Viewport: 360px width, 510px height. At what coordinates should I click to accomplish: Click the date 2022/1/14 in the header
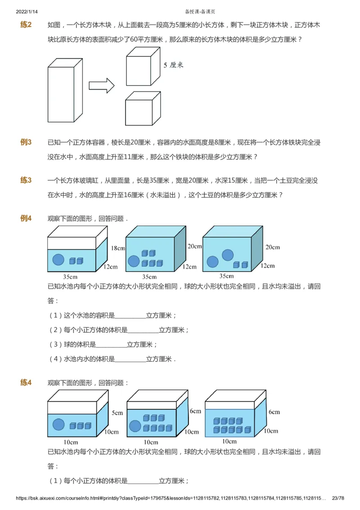coord(26,11)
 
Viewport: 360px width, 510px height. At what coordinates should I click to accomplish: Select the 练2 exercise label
coord(26,25)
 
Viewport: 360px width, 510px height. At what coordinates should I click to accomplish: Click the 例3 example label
coord(26,143)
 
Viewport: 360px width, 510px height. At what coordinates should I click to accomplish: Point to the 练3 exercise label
coord(26,181)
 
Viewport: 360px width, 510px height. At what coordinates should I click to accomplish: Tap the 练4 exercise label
coord(26,383)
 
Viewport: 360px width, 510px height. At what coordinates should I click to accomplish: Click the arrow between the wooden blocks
coord(102,85)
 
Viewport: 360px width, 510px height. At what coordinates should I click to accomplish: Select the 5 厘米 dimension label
coord(173,65)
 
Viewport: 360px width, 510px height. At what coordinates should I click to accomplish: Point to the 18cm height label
coord(117,248)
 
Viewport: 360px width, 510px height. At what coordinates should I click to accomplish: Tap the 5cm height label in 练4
coord(117,412)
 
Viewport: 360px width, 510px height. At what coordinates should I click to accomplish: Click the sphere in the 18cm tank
coord(58,260)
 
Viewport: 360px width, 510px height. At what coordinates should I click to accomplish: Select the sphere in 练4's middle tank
coord(135,426)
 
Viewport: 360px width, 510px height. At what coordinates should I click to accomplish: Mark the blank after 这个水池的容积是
coord(130,316)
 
